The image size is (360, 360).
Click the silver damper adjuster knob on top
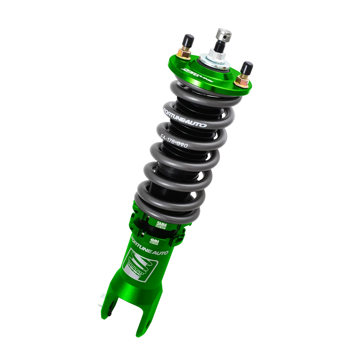click(x=221, y=33)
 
